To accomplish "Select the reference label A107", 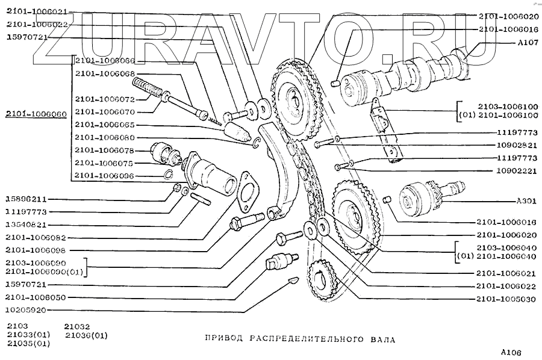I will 525,43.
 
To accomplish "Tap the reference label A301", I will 525,201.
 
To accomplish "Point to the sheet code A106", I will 510,352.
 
